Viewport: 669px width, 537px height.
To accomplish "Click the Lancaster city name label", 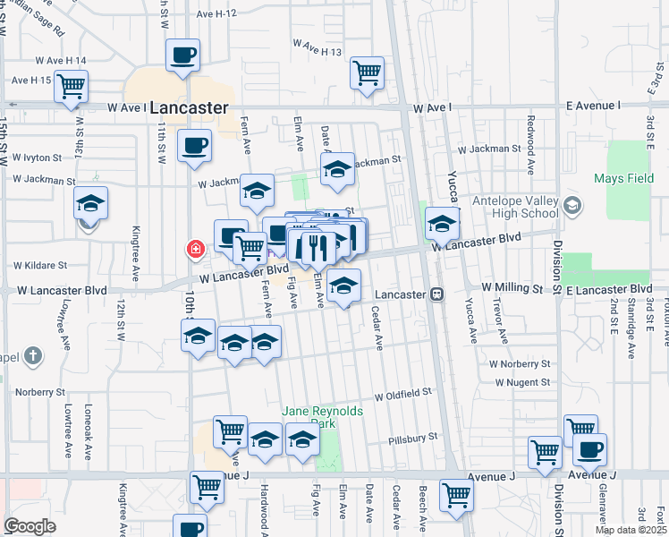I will [x=189, y=107].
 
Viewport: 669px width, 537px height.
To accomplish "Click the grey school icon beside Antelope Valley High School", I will [x=572, y=207].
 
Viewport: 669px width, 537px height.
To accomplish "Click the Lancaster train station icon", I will [x=437, y=294].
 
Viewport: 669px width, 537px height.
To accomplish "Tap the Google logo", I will [x=30, y=526].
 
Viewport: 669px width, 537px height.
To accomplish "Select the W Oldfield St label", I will [x=402, y=393].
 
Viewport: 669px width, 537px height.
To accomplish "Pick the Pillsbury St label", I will [x=413, y=439].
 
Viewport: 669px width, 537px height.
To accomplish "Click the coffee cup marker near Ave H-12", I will [x=183, y=55].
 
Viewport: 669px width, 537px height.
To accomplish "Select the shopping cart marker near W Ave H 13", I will [x=368, y=72].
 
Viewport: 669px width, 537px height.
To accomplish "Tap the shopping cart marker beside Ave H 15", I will [x=71, y=87].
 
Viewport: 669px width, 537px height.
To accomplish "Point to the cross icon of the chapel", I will [x=32, y=356].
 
